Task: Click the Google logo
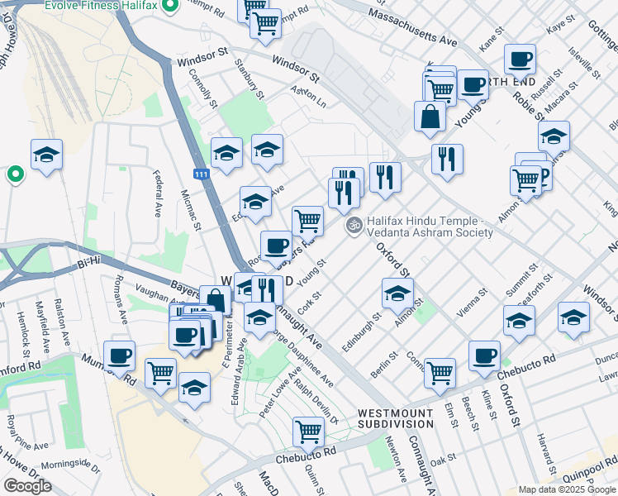pos(27,486)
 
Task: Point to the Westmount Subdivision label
pos(394,417)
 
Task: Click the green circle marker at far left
pos(14,174)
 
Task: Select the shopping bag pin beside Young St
pos(430,117)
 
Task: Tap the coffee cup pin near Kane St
pos(520,60)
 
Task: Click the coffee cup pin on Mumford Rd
pos(119,355)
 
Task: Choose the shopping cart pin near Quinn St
pos(308,431)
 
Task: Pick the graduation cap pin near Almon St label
pos(397,293)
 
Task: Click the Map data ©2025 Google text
pos(567,489)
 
